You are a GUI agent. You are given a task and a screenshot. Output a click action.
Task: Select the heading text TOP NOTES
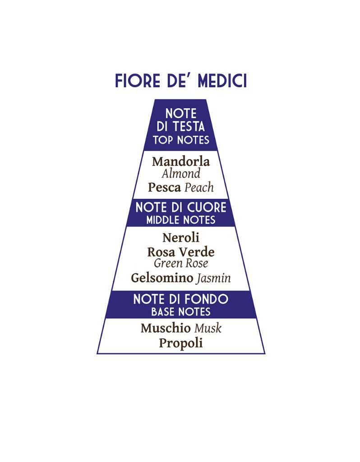click(181, 140)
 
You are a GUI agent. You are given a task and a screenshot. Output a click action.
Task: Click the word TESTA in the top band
click(189, 127)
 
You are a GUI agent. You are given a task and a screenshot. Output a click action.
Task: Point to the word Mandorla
click(181, 161)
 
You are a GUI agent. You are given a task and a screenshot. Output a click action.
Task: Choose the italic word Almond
click(181, 174)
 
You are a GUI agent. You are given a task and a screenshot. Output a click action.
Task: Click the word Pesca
click(165, 188)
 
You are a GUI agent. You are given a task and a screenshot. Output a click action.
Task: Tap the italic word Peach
click(199, 188)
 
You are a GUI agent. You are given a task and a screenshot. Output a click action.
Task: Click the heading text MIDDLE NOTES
click(181, 220)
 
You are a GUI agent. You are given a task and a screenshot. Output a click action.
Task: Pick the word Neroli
click(181, 238)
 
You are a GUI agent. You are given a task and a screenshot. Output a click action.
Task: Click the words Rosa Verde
click(181, 252)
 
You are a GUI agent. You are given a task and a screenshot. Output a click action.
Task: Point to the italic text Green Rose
click(181, 263)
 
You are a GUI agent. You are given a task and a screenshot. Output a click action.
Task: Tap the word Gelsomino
click(162, 278)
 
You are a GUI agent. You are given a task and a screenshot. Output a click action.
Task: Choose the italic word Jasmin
click(214, 278)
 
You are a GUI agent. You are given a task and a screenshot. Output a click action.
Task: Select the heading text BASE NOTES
click(181, 312)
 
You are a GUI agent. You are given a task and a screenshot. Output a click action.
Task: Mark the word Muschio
click(166, 328)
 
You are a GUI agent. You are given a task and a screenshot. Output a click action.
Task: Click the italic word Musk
click(208, 328)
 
